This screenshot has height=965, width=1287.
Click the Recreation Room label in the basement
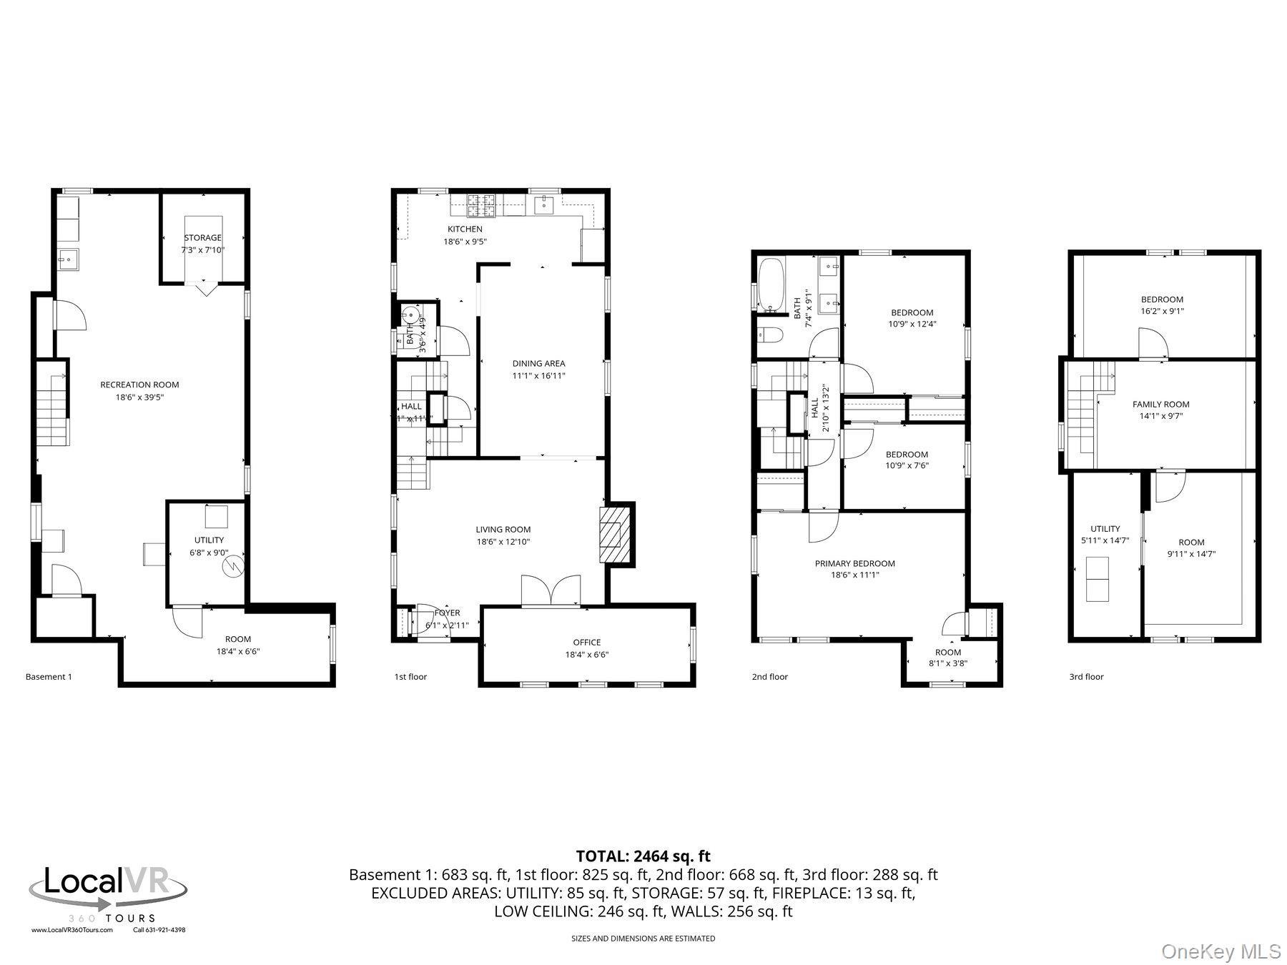pyautogui.click(x=139, y=385)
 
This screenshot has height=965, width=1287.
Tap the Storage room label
pyautogui.click(x=203, y=237)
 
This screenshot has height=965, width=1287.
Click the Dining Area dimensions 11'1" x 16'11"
pyautogui.click(x=538, y=375)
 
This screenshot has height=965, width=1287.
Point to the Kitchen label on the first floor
pyautogui.click(x=465, y=229)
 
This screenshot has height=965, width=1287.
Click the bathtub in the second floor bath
pyautogui.click(x=771, y=285)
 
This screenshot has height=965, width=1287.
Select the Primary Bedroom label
pyautogui.click(x=854, y=563)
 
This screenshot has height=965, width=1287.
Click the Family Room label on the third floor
pyautogui.click(x=1160, y=404)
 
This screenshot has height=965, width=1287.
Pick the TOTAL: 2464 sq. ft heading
pyautogui.click(x=643, y=856)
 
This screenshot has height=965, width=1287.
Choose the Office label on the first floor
pyautogui.click(x=586, y=642)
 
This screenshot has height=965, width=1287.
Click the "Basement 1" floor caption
pyautogui.click(x=49, y=676)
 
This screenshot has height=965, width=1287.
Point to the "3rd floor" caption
pyautogui.click(x=1086, y=676)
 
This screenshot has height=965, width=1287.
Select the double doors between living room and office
pyautogui.click(x=551, y=590)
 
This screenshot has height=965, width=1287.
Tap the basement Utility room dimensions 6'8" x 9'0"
pyautogui.click(x=209, y=552)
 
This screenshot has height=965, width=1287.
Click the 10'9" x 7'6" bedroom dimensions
pyautogui.click(x=907, y=465)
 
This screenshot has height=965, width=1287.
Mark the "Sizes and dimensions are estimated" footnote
pyautogui.click(x=643, y=939)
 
